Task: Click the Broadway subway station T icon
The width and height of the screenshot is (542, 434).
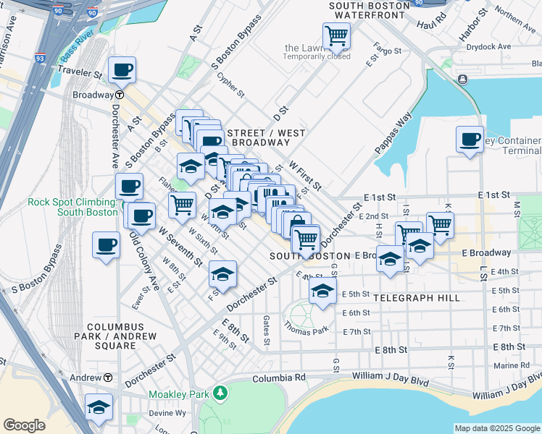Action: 119,95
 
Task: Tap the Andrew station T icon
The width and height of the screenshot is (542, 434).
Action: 108,378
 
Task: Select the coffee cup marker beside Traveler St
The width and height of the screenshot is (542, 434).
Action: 122,70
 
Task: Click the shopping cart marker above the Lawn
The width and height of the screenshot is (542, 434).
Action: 336,34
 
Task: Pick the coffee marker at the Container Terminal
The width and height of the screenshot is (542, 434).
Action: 470,138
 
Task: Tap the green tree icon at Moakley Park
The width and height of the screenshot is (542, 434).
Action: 220,394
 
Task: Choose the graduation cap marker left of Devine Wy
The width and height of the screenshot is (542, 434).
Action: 99,407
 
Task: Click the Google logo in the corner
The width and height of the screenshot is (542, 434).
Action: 24,425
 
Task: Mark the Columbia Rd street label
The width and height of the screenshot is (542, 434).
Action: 279,378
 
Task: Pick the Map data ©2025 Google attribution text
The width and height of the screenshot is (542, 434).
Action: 497,428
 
